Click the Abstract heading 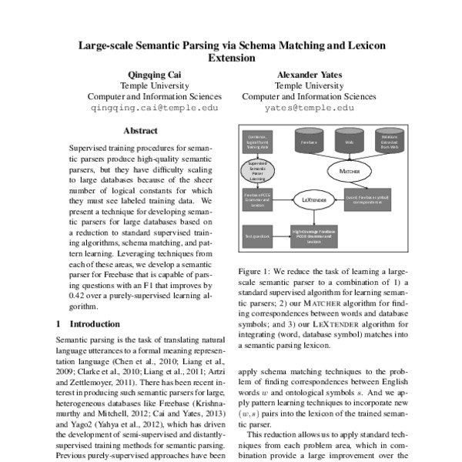point(140,131)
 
